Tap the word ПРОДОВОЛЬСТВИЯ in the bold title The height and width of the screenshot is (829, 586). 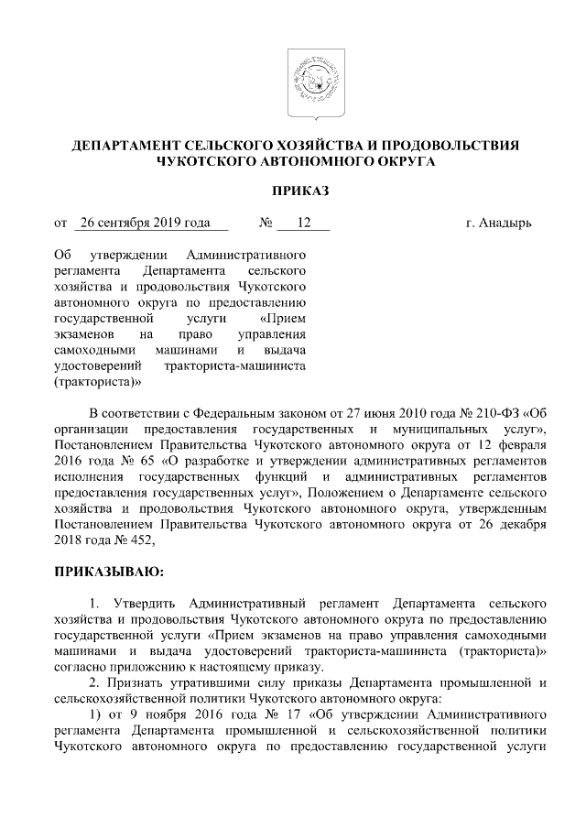(454, 146)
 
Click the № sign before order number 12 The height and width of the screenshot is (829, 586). (266, 223)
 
